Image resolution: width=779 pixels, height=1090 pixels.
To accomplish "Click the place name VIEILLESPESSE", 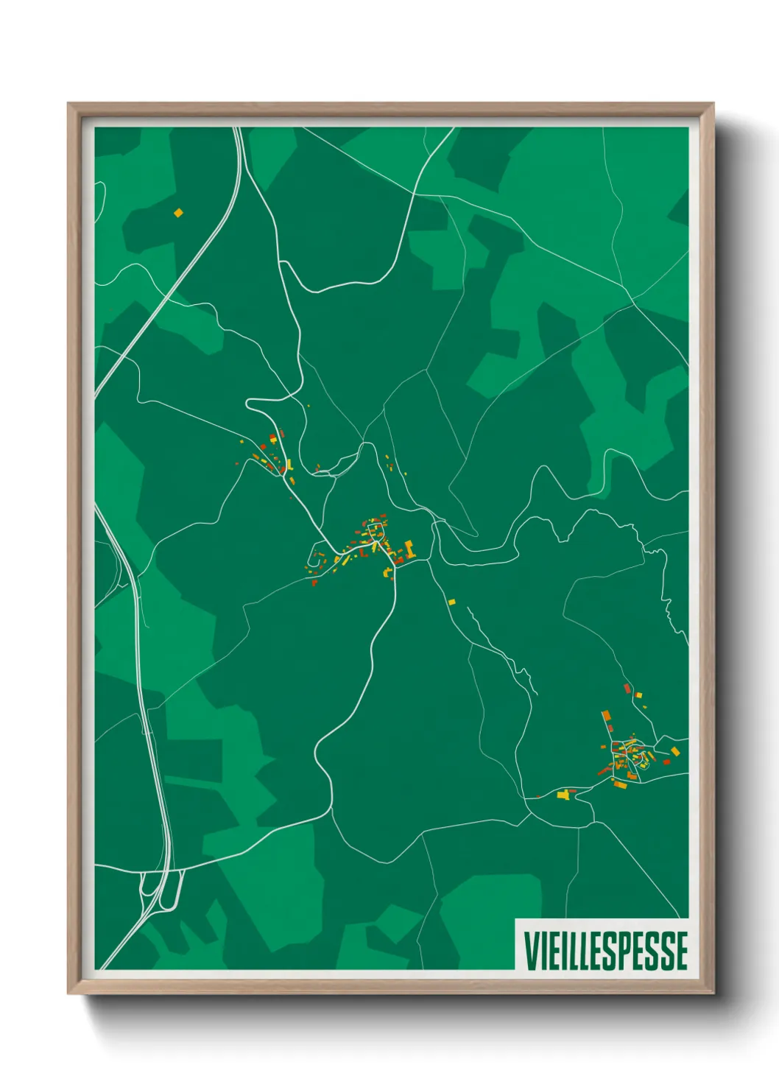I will click(x=606, y=951).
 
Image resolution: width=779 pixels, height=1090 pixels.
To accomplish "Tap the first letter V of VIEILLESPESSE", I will click(x=530, y=951).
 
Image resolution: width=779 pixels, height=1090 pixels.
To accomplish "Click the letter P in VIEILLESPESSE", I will click(x=621, y=951).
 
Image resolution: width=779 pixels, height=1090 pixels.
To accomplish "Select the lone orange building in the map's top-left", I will click(x=178, y=213).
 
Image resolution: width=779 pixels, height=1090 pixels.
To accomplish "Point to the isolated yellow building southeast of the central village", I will click(x=451, y=602).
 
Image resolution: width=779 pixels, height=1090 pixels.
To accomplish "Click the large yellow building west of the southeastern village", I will click(x=564, y=794).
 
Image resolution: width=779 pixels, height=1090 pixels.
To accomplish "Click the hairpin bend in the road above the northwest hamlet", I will click(x=250, y=404).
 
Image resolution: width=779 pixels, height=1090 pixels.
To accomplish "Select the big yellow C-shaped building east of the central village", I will click(x=409, y=549).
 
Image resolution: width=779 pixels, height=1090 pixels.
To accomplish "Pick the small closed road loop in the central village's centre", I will click(x=376, y=529).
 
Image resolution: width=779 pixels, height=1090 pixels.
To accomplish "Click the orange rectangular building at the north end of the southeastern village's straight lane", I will click(x=606, y=716).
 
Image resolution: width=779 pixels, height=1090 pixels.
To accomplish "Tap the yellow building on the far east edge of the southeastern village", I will click(x=674, y=751).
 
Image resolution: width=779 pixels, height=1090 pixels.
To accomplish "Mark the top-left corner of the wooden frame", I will click(x=68, y=104).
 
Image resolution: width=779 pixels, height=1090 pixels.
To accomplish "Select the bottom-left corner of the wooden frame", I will click(x=68, y=994).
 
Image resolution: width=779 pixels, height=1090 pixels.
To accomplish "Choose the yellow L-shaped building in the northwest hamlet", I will click(x=289, y=464).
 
